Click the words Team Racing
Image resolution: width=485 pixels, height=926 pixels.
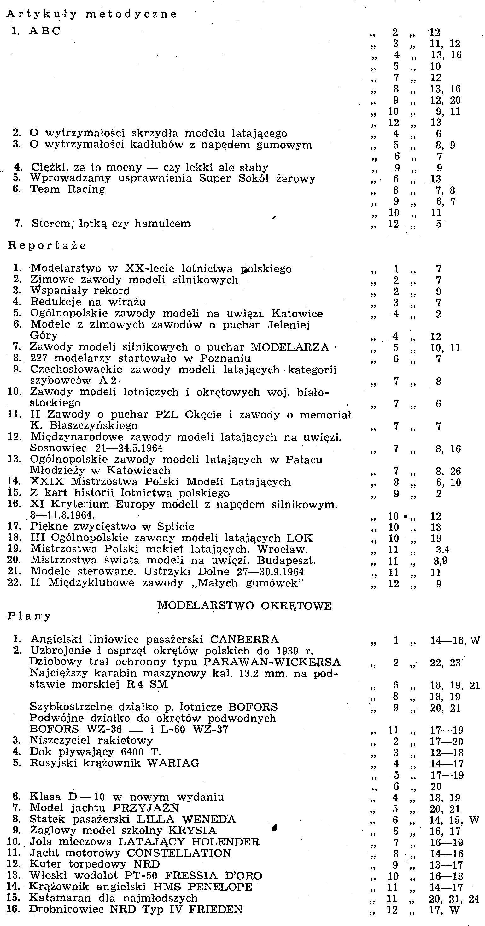(x=67, y=189)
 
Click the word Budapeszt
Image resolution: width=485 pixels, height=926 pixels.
(x=289, y=560)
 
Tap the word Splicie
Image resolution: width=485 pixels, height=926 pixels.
(x=176, y=527)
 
